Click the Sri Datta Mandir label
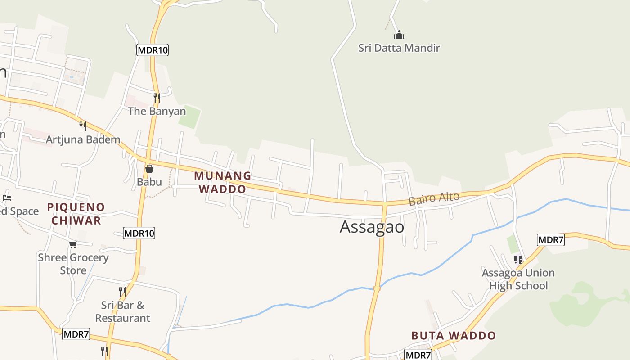[399, 48]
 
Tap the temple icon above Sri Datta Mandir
[399, 35]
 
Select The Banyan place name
[157, 111]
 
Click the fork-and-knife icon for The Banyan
[157, 98]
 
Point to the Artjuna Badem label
[83, 139]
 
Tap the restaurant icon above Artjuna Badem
[82, 126]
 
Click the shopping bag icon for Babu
[149, 169]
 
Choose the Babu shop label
[149, 182]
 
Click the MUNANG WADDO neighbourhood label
[223, 182]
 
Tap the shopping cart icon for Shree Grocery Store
[73, 244]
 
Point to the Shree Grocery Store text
[73, 264]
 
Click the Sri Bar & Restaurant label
[122, 311]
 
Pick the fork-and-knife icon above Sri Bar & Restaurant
[122, 292]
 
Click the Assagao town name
[372, 227]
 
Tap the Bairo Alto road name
[434, 198]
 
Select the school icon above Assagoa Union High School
[518, 260]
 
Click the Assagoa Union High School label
[518, 279]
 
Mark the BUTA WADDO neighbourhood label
[453, 335]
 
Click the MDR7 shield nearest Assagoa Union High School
[550, 240]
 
